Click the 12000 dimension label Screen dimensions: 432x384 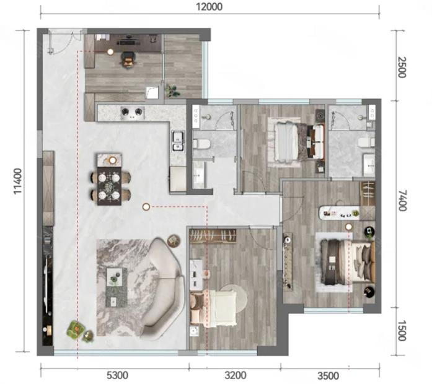pos(209,7)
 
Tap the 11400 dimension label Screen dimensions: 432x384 pos(18,181)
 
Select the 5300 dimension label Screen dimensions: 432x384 pos(117,375)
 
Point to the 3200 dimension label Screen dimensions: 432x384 pos(236,375)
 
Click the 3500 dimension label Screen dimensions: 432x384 pos(328,375)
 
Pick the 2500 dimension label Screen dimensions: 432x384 pos(402,67)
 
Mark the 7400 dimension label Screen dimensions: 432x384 pos(402,200)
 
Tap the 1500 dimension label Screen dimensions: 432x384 pos(402,330)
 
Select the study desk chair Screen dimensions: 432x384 pos(129,61)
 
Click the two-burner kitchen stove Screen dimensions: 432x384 pos(133,111)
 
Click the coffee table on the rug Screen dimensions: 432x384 pos(117,287)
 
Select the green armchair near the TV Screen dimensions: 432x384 pos(76,328)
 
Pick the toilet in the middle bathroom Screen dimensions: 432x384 pos(201,144)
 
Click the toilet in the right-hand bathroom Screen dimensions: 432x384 pos(366,142)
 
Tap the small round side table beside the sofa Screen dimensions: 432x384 pos(174,240)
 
